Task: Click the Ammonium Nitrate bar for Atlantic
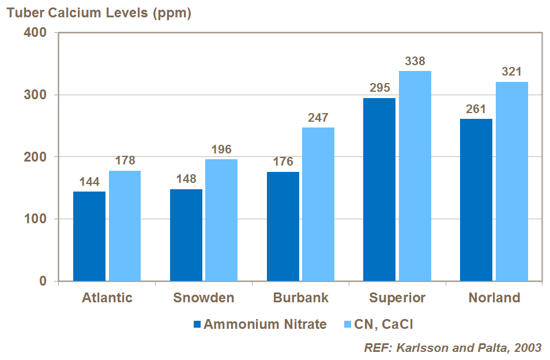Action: pyautogui.click(x=89, y=237)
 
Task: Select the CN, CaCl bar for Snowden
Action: pyautogui.click(x=221, y=220)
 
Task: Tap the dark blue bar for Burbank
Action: pyautogui.click(x=282, y=227)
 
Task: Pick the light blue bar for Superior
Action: pyautogui.click(x=415, y=176)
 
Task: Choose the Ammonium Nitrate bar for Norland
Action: pyautogui.click(x=476, y=200)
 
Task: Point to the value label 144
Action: pyautogui.click(x=90, y=182)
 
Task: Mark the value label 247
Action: pyautogui.click(x=318, y=118)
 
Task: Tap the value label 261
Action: pyautogui.click(x=476, y=110)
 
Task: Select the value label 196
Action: pyautogui.click(x=221, y=150)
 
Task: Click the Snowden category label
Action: pyautogui.click(x=204, y=298)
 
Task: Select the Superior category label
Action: pyautogui.click(x=397, y=298)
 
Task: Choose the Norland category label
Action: pyautogui.click(x=494, y=298)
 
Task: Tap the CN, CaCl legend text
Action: pyautogui.click(x=384, y=324)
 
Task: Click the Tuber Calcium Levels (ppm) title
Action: pyautogui.click(x=99, y=13)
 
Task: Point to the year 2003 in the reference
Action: pyautogui.click(x=528, y=347)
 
